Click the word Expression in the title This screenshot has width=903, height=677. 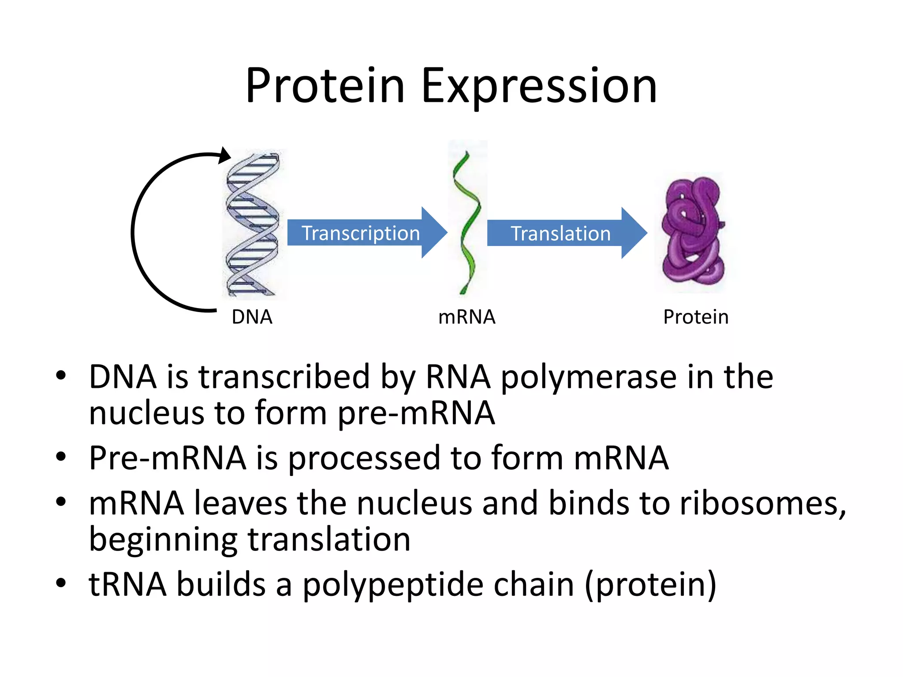(x=539, y=87)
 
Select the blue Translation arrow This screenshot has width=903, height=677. (x=561, y=233)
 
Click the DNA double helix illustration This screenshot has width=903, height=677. (x=253, y=225)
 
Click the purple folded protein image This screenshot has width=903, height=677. (x=693, y=231)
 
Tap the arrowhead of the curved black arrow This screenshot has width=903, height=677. (x=225, y=155)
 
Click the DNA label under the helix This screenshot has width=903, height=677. (x=252, y=317)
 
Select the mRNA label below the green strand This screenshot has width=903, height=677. (x=466, y=317)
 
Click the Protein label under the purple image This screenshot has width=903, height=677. (x=695, y=317)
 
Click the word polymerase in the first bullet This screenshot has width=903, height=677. (x=588, y=378)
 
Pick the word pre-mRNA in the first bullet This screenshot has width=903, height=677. (x=416, y=413)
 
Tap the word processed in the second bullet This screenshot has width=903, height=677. (x=364, y=458)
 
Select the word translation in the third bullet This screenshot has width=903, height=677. (x=329, y=540)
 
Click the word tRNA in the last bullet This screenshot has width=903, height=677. (x=127, y=585)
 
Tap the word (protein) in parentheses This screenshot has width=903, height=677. (x=650, y=585)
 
